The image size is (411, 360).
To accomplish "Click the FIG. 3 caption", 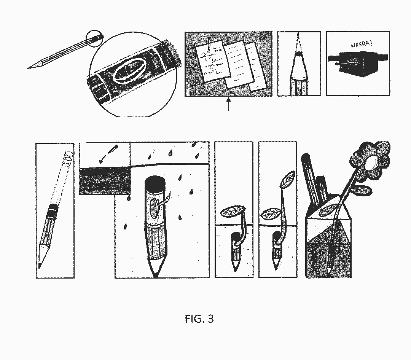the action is point(199,319).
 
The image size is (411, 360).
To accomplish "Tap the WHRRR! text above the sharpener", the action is point(361,45).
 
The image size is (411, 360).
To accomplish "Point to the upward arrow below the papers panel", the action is point(228,104).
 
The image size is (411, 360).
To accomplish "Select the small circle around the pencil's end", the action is point(95,38).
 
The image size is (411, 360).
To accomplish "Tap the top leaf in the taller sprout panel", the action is point(288,178).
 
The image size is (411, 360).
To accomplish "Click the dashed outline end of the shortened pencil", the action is point(68,156).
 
